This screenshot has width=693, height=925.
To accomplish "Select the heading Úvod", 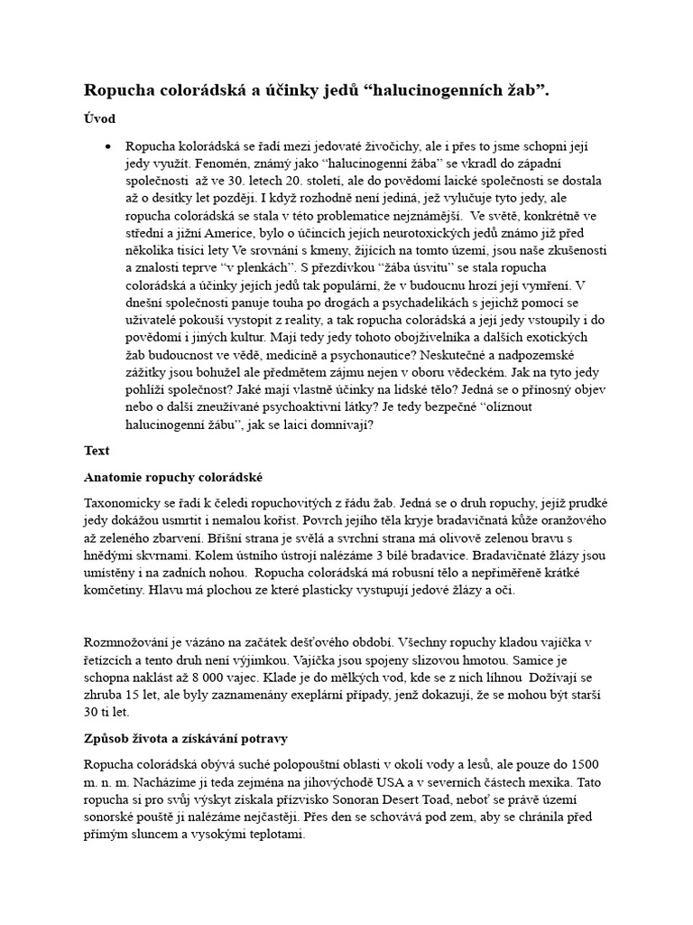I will click(x=99, y=118).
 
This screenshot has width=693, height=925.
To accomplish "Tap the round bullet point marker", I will click(x=108, y=146).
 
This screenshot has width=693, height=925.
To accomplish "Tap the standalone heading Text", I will click(x=97, y=450).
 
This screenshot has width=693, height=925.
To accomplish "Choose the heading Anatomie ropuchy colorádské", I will click(x=173, y=476).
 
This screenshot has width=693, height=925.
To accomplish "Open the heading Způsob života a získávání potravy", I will click(x=185, y=738).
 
